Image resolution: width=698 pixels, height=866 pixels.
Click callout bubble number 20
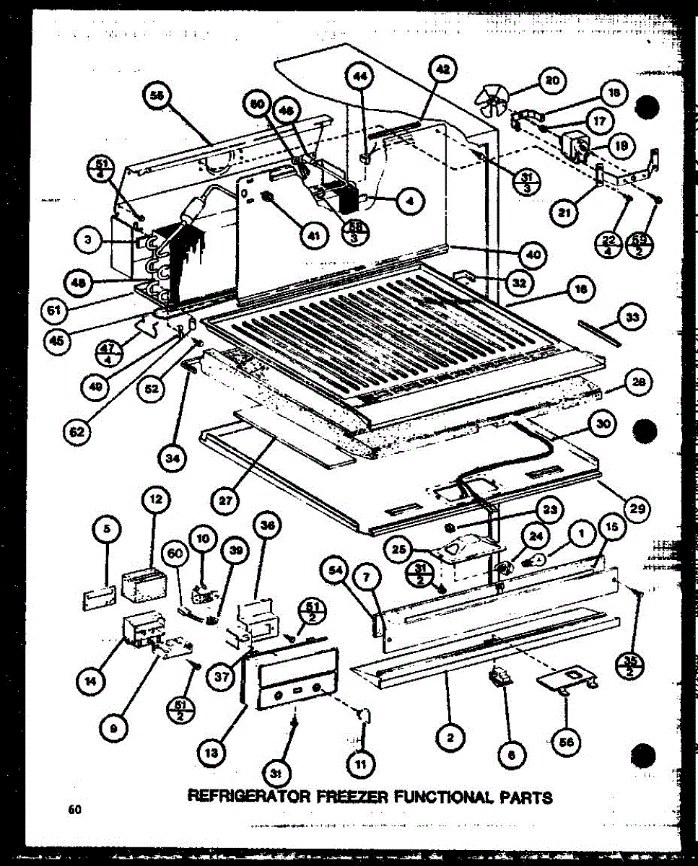point(552,82)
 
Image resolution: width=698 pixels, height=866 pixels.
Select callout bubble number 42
point(443,70)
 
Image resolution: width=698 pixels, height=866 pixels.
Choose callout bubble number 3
point(89,240)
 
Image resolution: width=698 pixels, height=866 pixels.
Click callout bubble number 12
point(157,499)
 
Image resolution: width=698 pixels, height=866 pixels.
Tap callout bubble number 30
point(603,426)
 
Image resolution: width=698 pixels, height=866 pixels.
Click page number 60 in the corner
point(74,810)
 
